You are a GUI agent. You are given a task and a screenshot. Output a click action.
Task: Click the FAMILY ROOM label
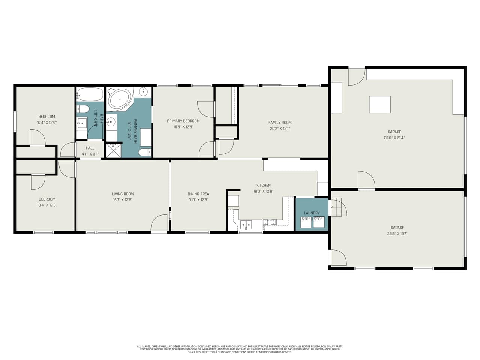pyautogui.click(x=280, y=123)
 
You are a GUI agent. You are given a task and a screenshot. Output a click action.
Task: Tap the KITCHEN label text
pyautogui.click(x=263, y=185)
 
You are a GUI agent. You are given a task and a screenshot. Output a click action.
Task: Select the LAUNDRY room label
pyautogui.click(x=312, y=213)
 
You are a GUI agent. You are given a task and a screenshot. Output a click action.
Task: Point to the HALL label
pyautogui.click(x=90, y=148)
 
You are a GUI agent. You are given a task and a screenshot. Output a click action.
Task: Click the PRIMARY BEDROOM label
pyautogui.click(x=183, y=121)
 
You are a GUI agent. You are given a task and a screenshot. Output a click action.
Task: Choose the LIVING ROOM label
pyautogui.click(x=123, y=194)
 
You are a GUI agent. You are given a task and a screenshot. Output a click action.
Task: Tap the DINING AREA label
pyautogui.click(x=198, y=194)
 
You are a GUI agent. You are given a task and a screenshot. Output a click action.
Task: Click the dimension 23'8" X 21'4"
pyautogui.click(x=394, y=138)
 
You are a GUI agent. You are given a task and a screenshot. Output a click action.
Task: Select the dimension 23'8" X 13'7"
pyautogui.click(x=397, y=233)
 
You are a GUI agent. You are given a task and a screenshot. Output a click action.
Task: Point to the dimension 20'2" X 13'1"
pyautogui.click(x=280, y=128)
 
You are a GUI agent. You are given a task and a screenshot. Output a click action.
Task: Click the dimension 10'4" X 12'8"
pyautogui.click(x=47, y=205)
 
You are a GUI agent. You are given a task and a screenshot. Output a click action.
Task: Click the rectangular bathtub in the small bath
pyautogui.click(x=90, y=94)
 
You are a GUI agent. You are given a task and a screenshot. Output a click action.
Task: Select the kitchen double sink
pyautogui.click(x=246, y=225)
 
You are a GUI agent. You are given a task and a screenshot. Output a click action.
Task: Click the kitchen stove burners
pyautogui.click(x=269, y=222)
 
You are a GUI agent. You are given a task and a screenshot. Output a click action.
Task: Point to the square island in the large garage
pyautogui.click(x=379, y=105)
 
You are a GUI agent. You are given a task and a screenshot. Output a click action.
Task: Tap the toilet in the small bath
pyautogui.click(x=83, y=109)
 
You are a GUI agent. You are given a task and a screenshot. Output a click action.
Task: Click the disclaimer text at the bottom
pyautogui.click(x=240, y=349)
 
